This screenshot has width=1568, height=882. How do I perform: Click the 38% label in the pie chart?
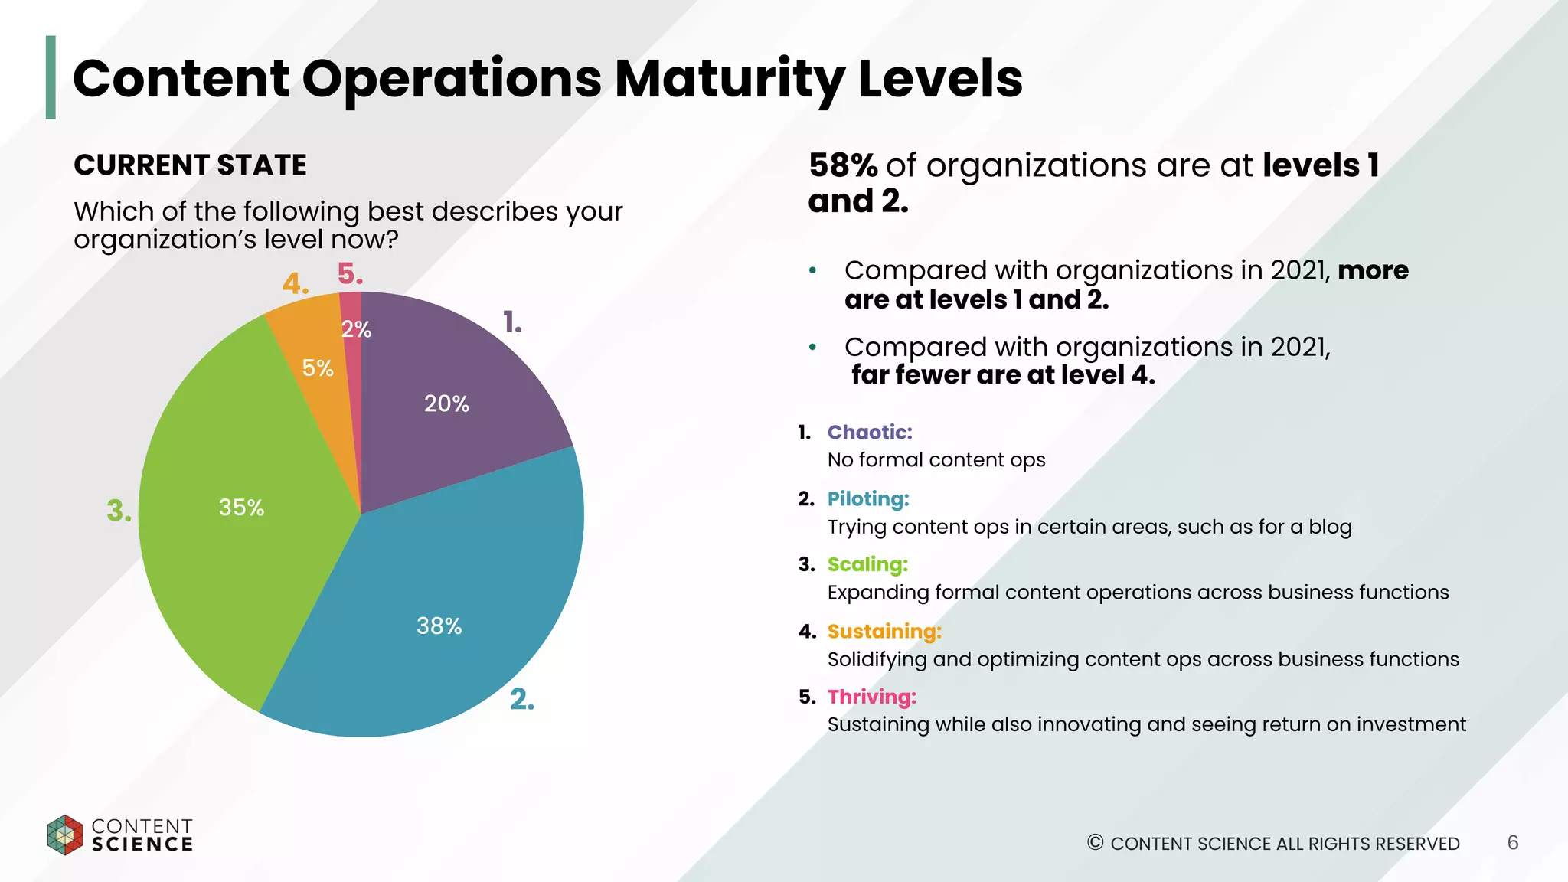[439, 626]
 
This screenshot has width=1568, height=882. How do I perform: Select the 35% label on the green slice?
[241, 508]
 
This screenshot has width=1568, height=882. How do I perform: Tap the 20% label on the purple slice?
[446, 403]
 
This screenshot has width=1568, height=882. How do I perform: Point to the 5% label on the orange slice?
[318, 368]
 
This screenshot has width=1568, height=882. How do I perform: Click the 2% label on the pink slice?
[356, 329]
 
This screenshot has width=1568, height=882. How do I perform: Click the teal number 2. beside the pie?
[522, 699]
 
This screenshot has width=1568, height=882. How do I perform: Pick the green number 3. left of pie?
[119, 511]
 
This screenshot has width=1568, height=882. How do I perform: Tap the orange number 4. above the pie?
[295, 284]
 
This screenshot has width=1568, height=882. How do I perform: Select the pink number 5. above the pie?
[350, 274]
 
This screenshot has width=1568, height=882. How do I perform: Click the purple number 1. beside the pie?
[512, 322]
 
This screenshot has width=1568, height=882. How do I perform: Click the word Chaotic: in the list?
[870, 433]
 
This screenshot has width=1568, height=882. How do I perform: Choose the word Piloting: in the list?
[868, 499]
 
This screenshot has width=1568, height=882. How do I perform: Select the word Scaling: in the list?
[867, 565]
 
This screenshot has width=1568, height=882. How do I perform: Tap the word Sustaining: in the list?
[884, 632]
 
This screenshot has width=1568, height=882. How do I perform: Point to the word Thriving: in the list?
[871, 697]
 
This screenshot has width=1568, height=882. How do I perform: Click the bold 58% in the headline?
[843, 165]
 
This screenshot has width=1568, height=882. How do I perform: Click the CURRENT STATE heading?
[190, 165]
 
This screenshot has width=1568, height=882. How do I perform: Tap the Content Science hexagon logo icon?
[64, 835]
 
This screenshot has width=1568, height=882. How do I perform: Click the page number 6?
[1512, 843]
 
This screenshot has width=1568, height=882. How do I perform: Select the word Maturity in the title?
[729, 79]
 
